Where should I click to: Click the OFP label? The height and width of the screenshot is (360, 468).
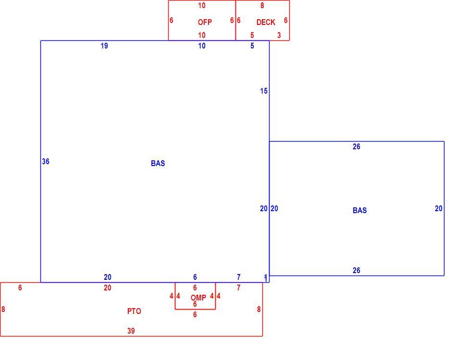(x=205, y=22)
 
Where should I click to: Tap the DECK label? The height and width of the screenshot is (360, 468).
(x=266, y=22)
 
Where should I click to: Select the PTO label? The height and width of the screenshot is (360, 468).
(x=134, y=311)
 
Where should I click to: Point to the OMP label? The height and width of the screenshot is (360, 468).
(x=198, y=298)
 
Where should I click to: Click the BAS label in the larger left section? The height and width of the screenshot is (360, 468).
(x=158, y=163)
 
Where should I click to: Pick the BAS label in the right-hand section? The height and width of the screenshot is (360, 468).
(x=360, y=210)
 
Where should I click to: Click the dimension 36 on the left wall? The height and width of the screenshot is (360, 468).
(x=45, y=161)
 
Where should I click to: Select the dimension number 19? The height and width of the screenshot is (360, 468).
(x=104, y=46)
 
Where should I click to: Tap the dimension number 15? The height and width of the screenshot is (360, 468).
(x=263, y=91)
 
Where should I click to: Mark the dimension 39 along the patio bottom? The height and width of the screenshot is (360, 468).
(x=131, y=331)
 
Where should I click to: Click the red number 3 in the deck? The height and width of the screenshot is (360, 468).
(x=279, y=35)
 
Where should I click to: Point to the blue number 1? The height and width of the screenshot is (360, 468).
(x=266, y=278)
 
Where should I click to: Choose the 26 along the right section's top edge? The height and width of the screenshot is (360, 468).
(x=357, y=146)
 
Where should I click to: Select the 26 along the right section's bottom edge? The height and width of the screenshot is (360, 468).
(x=357, y=270)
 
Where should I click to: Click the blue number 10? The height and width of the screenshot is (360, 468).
(x=202, y=46)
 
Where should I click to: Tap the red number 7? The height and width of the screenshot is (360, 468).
(x=238, y=288)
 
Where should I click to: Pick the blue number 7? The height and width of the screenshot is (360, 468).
(x=238, y=277)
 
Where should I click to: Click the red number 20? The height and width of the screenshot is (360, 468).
(x=108, y=288)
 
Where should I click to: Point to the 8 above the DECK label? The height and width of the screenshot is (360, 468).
(x=262, y=5)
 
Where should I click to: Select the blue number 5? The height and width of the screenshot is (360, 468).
(x=252, y=46)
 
